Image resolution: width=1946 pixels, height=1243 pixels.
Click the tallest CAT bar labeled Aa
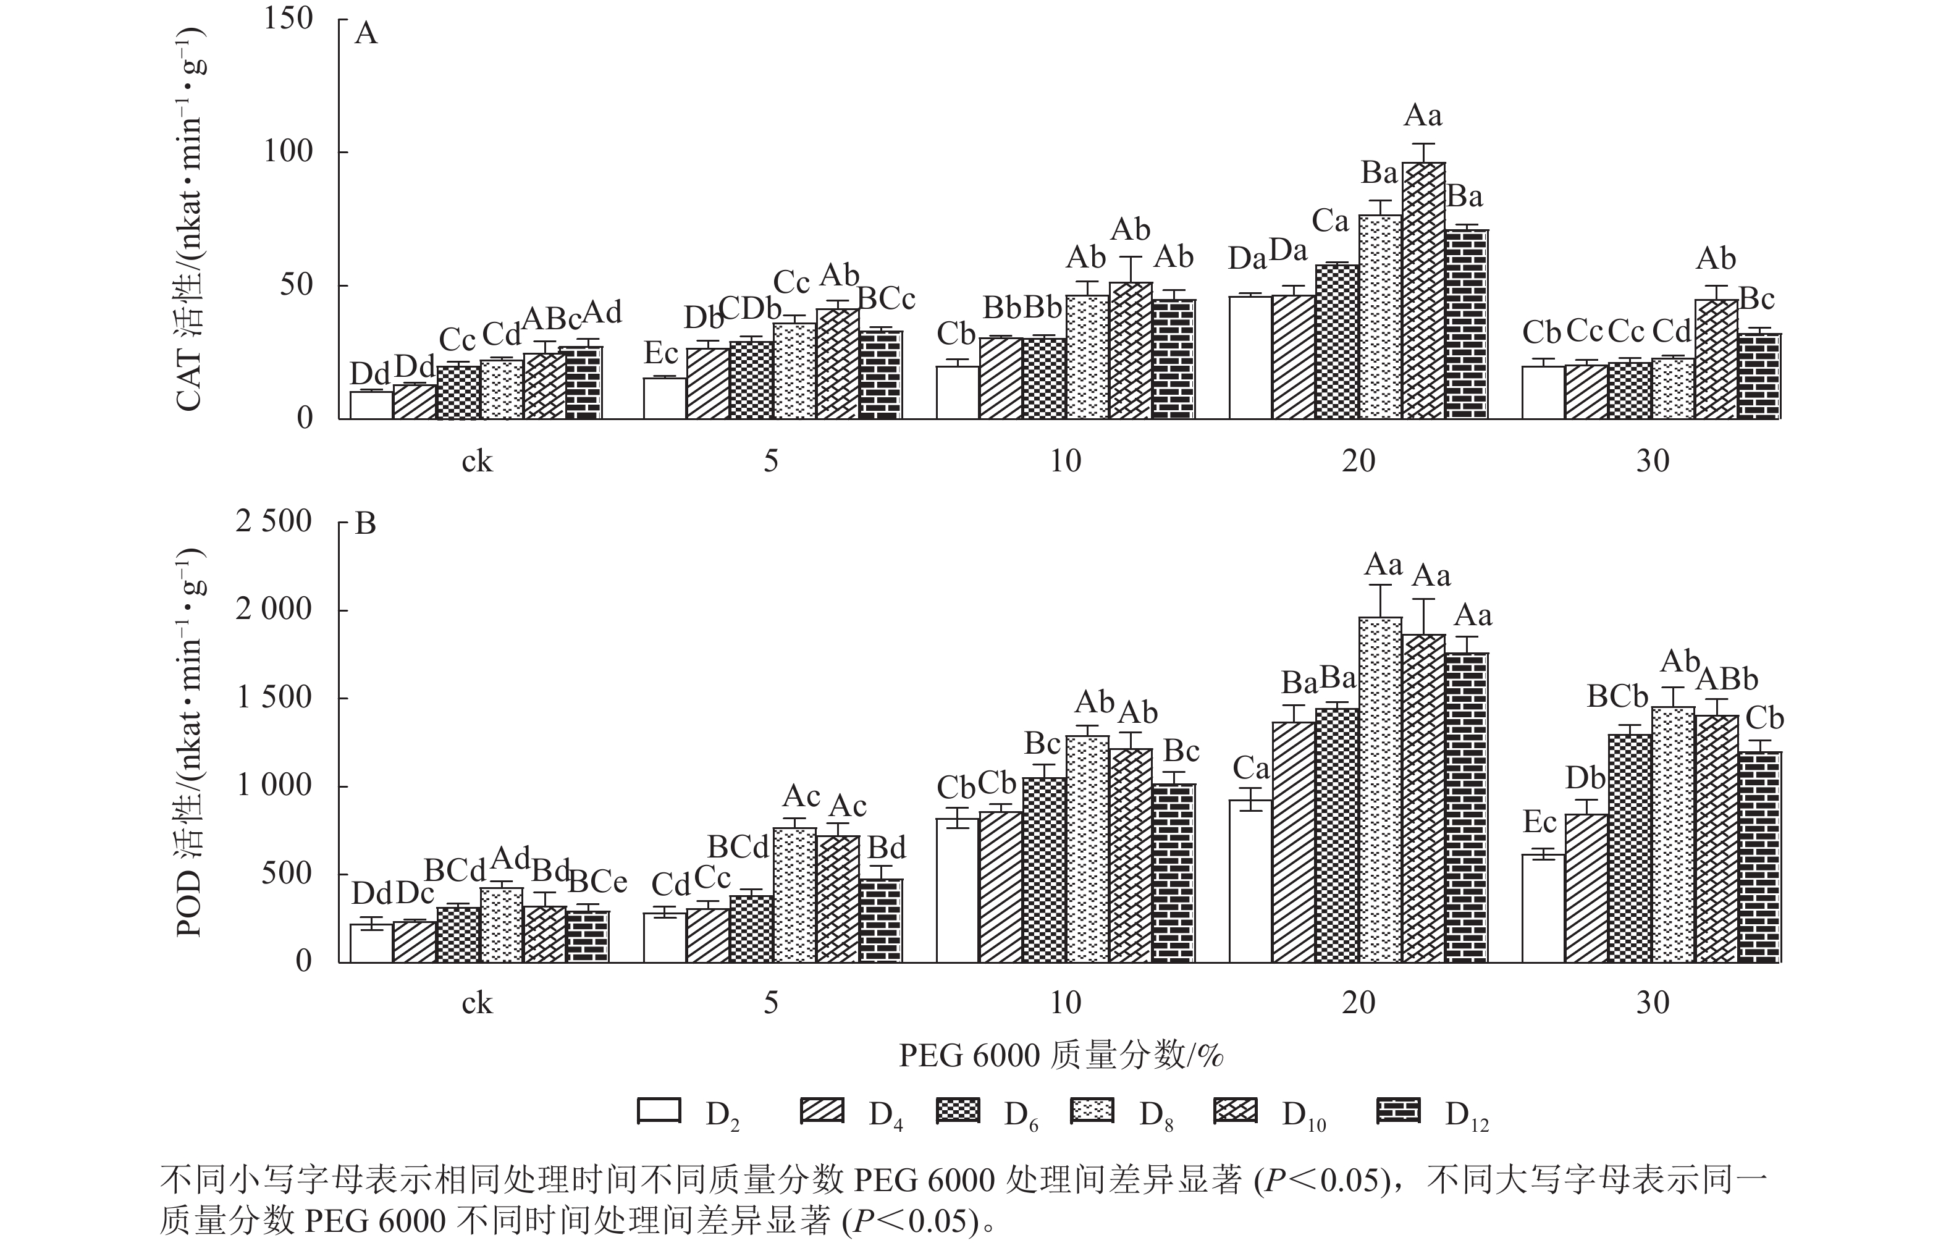coord(1423,291)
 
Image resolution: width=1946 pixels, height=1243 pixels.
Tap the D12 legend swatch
coord(1397,1111)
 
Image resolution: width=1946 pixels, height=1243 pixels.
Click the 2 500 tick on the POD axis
coord(273,521)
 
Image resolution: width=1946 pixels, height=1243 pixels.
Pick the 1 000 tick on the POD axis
coord(273,786)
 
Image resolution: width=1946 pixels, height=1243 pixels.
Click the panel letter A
coord(366,34)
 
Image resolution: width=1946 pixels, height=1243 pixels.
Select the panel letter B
coord(366,525)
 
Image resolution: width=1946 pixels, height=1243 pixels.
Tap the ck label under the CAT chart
coord(477,461)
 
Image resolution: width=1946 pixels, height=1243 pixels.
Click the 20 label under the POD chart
coord(1358,1003)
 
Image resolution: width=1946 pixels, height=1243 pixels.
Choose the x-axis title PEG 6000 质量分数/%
coord(1061,1055)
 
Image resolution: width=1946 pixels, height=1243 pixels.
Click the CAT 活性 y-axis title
coord(189,218)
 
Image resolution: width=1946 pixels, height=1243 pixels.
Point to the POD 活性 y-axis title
coord(189,742)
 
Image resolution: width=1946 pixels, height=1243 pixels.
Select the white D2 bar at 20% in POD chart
coord(1250,881)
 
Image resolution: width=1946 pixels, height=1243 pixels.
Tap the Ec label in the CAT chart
coord(660,353)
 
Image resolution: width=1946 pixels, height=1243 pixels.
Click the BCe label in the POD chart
coord(598,882)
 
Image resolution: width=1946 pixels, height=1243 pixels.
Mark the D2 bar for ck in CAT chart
coord(371,405)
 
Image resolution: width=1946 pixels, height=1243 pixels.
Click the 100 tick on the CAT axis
coord(288,151)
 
